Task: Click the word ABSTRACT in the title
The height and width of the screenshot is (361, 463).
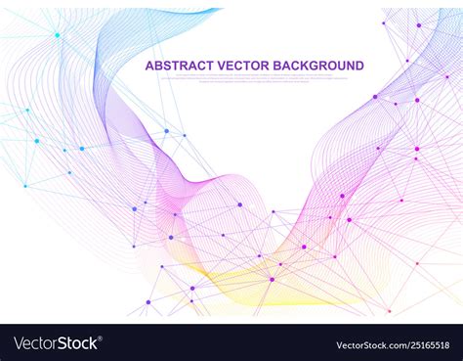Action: pyautogui.click(x=176, y=66)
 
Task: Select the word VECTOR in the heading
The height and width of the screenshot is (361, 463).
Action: pyautogui.click(x=243, y=66)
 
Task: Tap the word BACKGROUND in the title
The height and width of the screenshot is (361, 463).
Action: pyautogui.click(x=318, y=66)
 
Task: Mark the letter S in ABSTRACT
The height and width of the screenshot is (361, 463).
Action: pyautogui.click(x=167, y=66)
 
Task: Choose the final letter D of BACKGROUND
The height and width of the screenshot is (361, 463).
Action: pyautogui.click(x=359, y=66)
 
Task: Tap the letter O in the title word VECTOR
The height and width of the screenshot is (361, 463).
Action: pyautogui.click(x=257, y=66)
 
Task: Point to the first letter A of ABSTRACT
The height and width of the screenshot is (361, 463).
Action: pyautogui.click(x=149, y=66)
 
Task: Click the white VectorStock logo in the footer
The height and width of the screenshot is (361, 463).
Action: pyautogui.click(x=55, y=343)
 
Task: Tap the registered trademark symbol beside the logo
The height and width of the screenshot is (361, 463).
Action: pyautogui.click(x=101, y=338)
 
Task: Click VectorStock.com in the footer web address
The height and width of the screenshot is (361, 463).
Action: pyautogui.click(x=365, y=344)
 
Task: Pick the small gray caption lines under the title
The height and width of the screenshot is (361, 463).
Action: pyautogui.click(x=254, y=79)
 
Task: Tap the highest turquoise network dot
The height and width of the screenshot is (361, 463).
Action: pyautogui.click(x=57, y=35)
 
